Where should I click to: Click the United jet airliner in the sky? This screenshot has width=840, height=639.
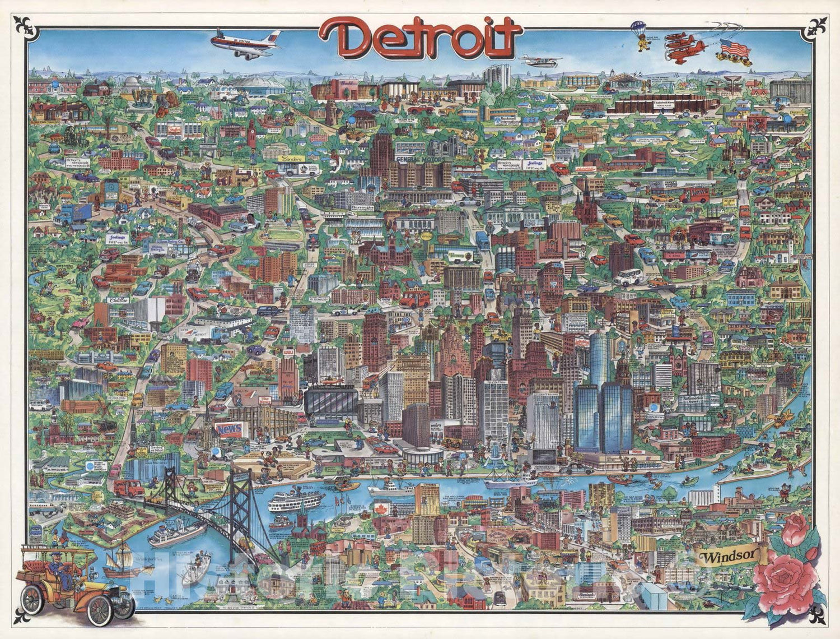(x=245, y=41)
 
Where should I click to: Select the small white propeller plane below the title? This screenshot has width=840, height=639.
(x=539, y=59)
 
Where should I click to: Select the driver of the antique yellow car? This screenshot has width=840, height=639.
(x=58, y=566)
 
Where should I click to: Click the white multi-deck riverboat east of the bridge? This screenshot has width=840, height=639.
(x=296, y=501)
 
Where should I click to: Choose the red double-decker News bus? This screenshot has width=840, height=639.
(x=694, y=195)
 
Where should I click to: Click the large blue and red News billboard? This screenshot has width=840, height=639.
(x=230, y=429)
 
